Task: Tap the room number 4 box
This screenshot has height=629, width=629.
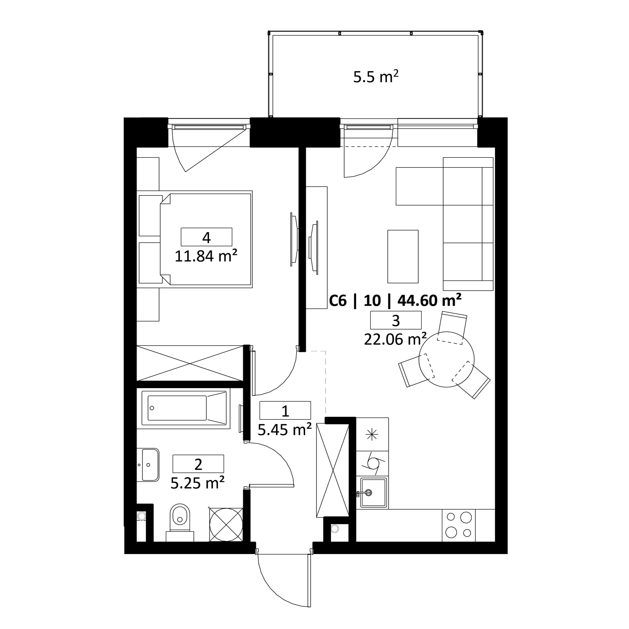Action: tap(206, 237)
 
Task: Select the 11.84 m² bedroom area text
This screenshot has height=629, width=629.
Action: tap(206, 256)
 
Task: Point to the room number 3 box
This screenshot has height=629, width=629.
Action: tap(396, 320)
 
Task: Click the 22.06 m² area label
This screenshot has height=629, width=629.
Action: tap(395, 340)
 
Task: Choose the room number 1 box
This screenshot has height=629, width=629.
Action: tap(285, 410)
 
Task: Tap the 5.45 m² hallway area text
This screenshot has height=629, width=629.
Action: tap(285, 430)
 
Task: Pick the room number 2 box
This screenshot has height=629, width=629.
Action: tap(198, 464)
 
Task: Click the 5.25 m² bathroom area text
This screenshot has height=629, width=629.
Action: tap(198, 483)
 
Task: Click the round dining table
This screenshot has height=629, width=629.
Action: tap(446, 359)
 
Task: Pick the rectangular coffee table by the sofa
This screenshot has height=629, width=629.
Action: tap(403, 257)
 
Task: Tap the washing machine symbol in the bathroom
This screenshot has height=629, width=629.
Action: tap(226, 524)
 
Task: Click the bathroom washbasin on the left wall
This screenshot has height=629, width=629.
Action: tap(148, 465)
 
